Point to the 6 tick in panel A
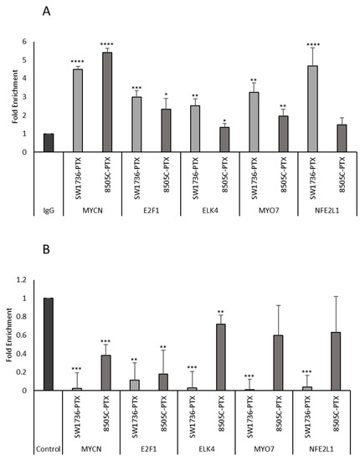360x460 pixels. tap(12, 42)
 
